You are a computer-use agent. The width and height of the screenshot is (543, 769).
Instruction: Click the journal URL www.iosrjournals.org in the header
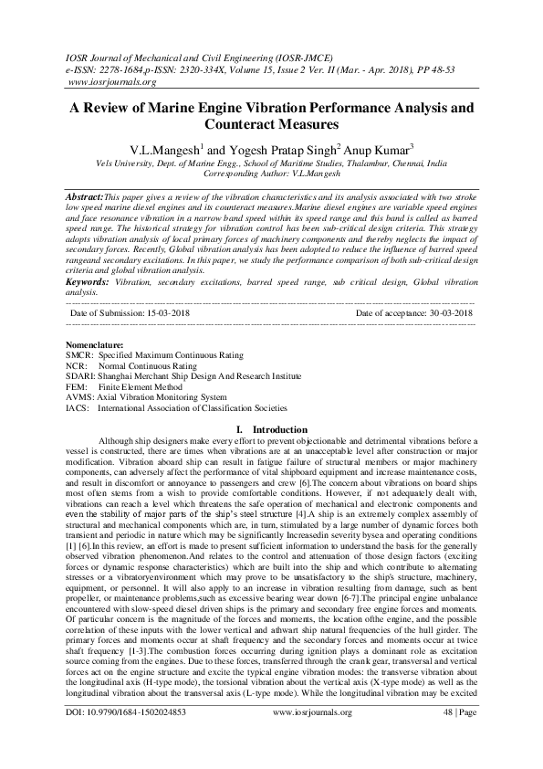pyautogui.click(x=107, y=80)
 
